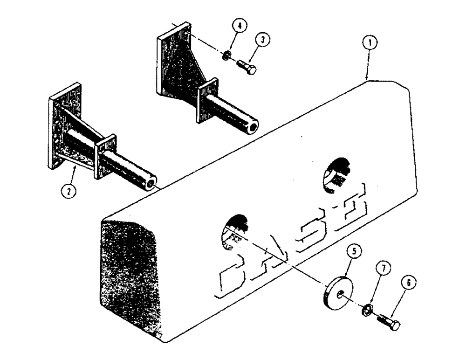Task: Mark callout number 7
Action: pyautogui.click(x=384, y=269)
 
